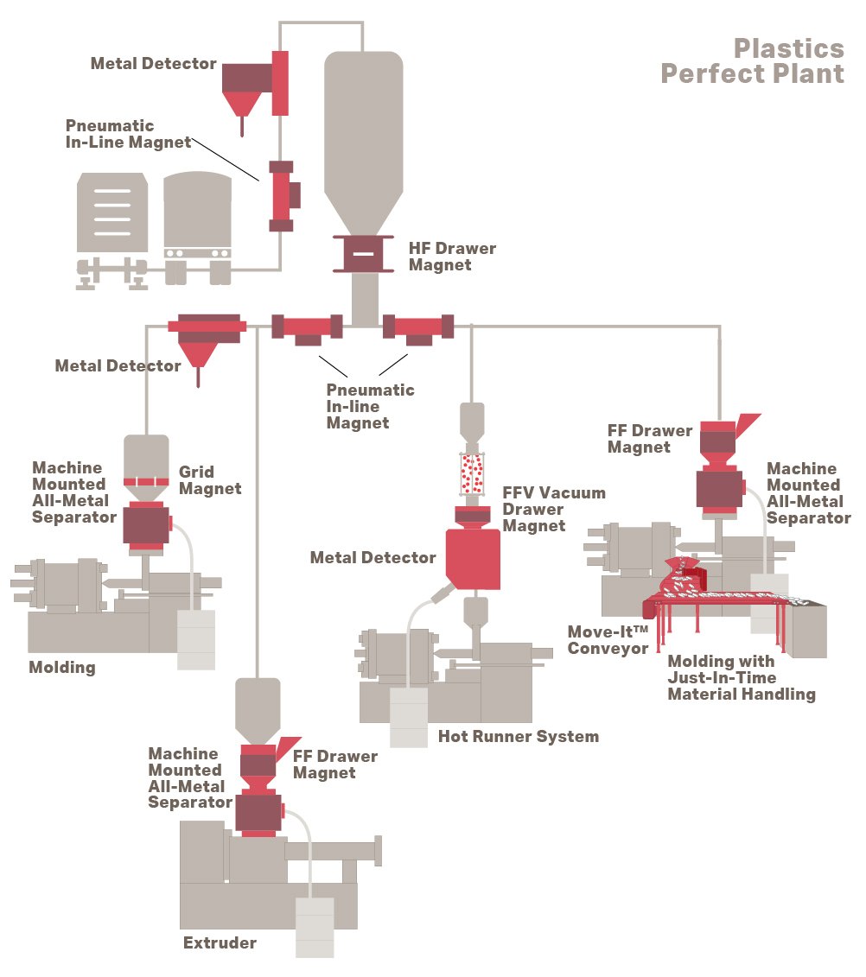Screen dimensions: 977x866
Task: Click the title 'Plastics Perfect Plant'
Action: (752, 60)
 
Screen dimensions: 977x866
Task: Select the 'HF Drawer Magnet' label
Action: (452, 257)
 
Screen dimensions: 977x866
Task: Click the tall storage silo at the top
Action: (363, 138)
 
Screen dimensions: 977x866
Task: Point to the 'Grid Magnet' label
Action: (210, 480)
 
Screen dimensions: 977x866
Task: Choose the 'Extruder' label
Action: (220, 942)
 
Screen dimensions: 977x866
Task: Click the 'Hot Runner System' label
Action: (518, 737)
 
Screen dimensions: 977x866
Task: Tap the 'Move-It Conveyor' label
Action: (608, 640)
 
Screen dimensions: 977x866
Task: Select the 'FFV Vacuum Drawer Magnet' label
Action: (554, 509)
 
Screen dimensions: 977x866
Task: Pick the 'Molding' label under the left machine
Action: (62, 667)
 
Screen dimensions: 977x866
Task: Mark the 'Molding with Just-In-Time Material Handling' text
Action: (741, 678)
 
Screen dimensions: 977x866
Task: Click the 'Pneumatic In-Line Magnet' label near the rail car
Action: (128, 135)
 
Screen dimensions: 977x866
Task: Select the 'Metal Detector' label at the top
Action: (153, 64)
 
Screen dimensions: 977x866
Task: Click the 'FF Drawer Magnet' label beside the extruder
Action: (335, 764)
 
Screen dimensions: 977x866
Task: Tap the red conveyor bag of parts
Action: (684, 578)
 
